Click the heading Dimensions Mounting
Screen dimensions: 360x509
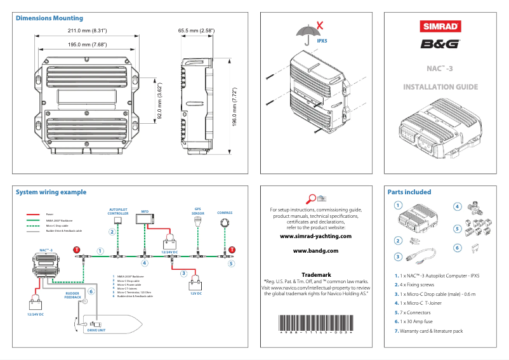point(49,18)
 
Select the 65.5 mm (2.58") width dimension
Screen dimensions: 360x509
point(196,30)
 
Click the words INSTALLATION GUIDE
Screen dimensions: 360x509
point(441,86)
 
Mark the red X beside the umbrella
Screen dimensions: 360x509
point(322,25)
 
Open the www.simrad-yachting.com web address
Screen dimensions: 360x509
point(315,236)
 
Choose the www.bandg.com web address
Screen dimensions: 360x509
point(315,251)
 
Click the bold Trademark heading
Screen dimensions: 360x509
point(315,274)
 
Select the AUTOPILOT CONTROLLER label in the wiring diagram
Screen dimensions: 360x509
point(118,212)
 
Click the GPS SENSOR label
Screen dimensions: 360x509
point(197,212)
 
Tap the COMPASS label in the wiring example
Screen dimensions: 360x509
point(225,213)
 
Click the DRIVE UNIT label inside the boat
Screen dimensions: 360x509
point(96,331)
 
